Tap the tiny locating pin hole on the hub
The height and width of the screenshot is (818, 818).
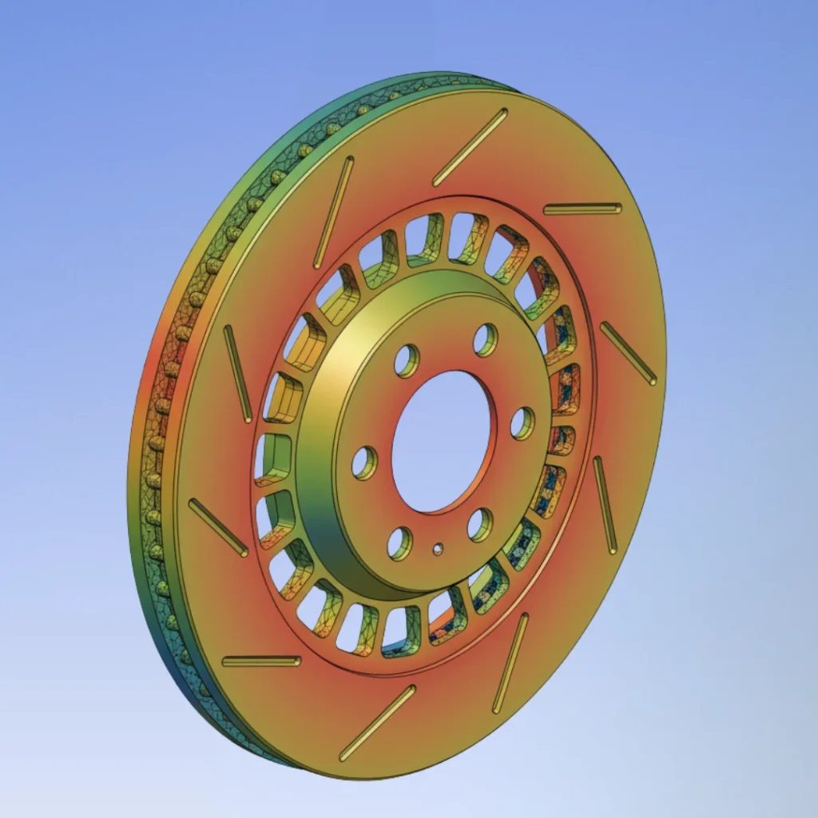pos(438,549)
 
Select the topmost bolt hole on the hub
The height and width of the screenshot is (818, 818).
pos(485,340)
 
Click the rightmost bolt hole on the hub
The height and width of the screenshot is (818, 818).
pos(522,423)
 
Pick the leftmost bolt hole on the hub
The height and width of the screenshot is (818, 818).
pos(365,463)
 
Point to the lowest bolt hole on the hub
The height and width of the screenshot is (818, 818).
pos(400,543)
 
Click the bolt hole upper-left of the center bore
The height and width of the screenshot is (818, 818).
pos(407,360)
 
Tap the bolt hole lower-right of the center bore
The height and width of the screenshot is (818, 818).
pos(480,524)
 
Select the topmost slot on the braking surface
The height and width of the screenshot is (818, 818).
pos(471,147)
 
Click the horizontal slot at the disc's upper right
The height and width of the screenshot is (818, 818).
pos(582,208)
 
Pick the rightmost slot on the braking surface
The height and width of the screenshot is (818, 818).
pos(629,353)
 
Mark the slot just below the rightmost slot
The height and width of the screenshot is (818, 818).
pos(606,505)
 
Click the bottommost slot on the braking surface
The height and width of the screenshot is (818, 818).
pos(378,722)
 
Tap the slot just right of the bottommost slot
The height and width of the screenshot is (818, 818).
pos(510,662)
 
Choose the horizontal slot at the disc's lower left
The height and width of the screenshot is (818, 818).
pos(261,661)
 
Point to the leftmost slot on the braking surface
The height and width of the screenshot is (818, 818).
pos(218,527)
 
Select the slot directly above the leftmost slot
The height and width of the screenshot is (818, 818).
pos(238,374)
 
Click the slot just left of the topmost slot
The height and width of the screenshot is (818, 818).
pos(334,212)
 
